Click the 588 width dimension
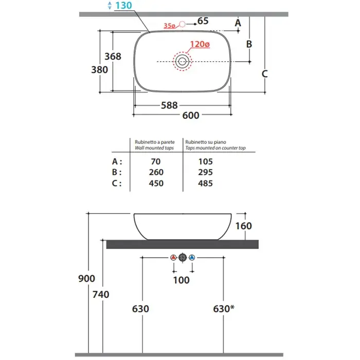pos(169,105)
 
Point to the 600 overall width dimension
pos(191,115)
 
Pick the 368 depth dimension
pos(113,56)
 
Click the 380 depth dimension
pos(99,69)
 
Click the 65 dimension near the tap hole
pos(203,21)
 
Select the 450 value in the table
pos(155,183)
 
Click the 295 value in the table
pos(205,172)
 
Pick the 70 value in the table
pos(155,161)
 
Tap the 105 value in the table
pos(205,161)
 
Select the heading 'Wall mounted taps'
pos(154,148)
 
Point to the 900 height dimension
pos(87,278)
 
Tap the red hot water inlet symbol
pos(173,257)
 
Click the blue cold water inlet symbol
pos(192,257)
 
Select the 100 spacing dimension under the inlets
pos(182,280)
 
